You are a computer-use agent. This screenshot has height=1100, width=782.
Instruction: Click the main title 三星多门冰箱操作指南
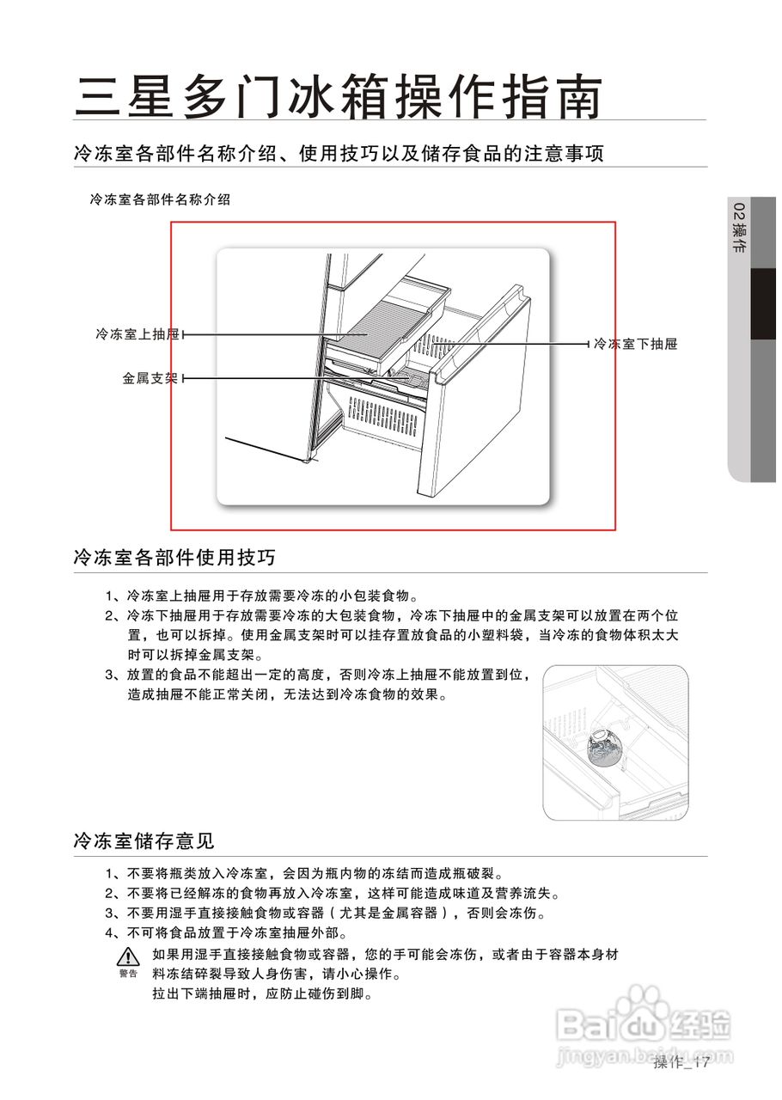click(337, 96)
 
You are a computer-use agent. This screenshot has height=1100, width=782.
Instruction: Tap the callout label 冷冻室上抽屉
click(137, 334)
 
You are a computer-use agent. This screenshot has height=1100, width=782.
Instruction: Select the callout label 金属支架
click(150, 377)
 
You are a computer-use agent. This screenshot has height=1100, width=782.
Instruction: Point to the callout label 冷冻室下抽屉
click(635, 344)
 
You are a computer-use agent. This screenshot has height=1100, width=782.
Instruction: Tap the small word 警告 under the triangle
click(128, 974)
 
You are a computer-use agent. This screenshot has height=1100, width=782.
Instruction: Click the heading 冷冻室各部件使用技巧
click(174, 558)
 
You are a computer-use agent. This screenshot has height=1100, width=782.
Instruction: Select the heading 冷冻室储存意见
click(144, 840)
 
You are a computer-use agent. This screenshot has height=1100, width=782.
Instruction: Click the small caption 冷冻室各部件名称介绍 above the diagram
click(160, 199)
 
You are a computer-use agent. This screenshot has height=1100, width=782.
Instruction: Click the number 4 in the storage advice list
click(110, 933)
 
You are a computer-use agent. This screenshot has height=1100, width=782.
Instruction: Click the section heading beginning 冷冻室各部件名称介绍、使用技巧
click(339, 154)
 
